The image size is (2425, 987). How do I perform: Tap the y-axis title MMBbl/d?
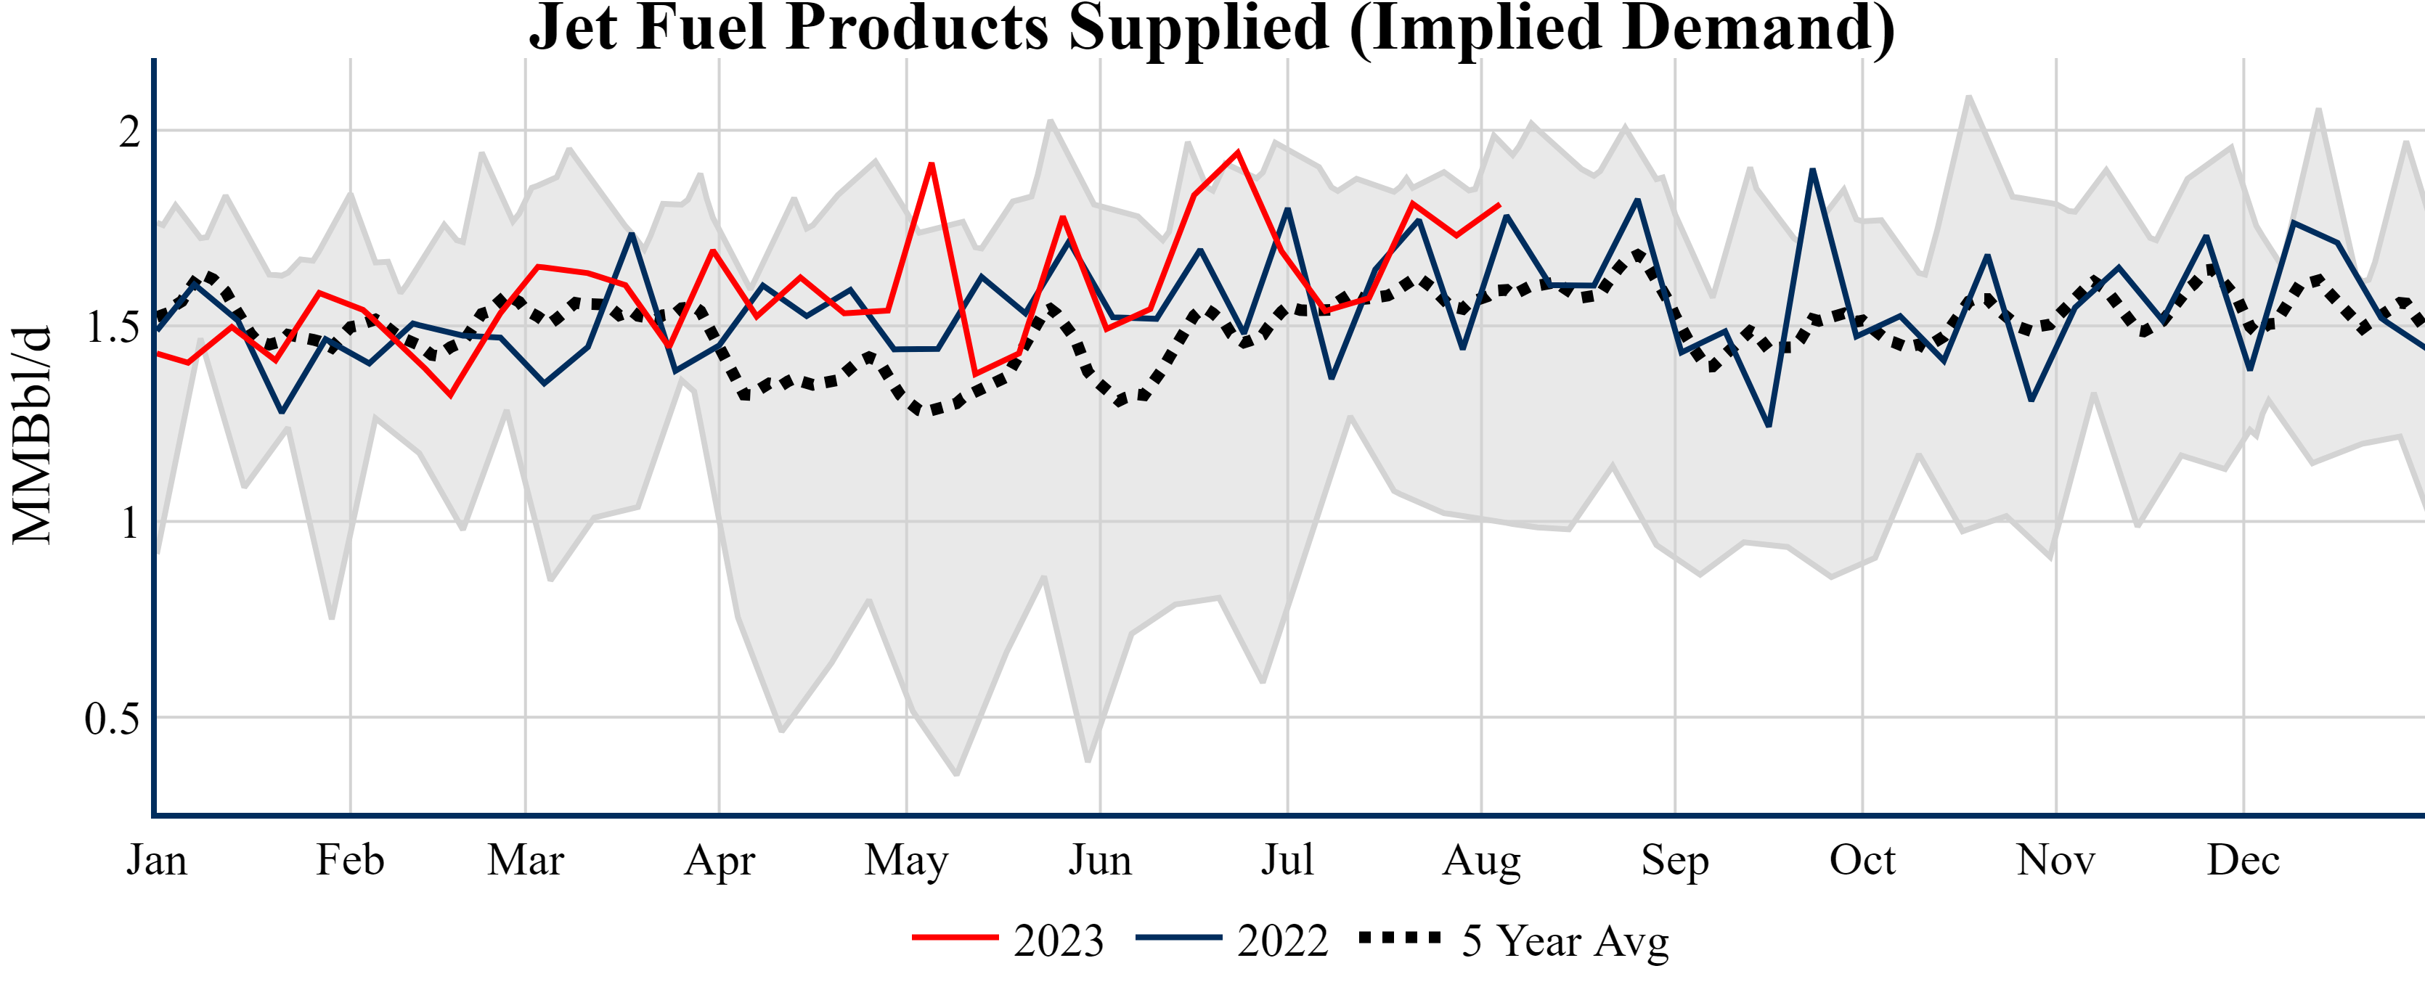(32, 435)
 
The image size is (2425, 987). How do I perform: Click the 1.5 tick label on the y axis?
(112, 327)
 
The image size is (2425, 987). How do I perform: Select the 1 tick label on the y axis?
(129, 523)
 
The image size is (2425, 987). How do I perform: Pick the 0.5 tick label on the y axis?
(112, 719)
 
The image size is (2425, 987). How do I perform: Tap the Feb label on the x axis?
(350, 860)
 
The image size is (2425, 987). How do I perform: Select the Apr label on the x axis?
(720, 860)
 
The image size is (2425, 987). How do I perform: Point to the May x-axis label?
(907, 860)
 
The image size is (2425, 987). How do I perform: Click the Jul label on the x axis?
(1287, 860)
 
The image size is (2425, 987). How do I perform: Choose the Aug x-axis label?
(1482, 860)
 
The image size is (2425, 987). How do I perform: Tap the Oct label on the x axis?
(1862, 860)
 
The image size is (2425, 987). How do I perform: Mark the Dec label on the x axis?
(2243, 860)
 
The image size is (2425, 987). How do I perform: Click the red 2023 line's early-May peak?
(931, 165)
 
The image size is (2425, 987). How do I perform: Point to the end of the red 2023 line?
(1499, 205)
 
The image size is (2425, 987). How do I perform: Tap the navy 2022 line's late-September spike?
(1812, 171)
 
